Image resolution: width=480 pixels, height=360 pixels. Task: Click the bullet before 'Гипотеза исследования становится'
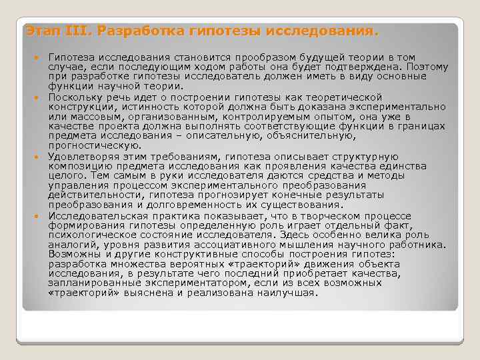41,58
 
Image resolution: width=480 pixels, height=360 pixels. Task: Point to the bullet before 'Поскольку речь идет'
41,97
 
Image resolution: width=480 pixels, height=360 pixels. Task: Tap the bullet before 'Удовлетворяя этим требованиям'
41,157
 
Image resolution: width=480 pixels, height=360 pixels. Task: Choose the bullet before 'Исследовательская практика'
41,216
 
